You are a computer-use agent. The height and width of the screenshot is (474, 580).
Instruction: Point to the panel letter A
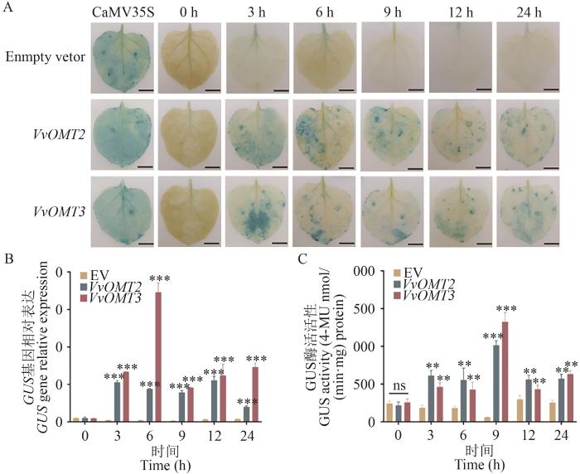click(x=7, y=8)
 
